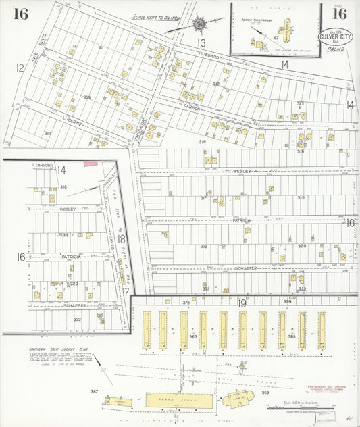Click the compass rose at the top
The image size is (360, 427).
coord(200,24)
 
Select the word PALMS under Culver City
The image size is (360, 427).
coord(335,49)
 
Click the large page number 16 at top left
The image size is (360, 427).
coord(20,14)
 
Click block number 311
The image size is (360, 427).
coord(101,48)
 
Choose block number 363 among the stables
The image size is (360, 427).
coord(193,336)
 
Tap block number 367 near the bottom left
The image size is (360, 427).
coord(94,391)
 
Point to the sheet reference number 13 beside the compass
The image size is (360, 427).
coord(201,43)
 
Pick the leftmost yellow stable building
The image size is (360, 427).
coord(146,330)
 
